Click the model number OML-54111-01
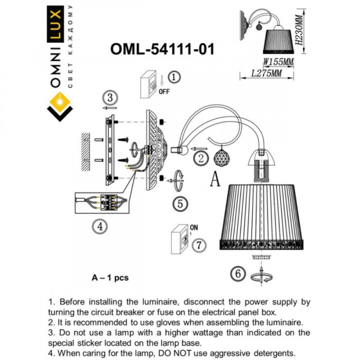point(162,49)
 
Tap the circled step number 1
point(174,78)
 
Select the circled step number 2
point(201,158)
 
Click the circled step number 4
point(100,225)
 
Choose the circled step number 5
point(179,204)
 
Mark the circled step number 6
point(238,274)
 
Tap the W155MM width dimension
point(278,62)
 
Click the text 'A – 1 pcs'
point(110,277)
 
